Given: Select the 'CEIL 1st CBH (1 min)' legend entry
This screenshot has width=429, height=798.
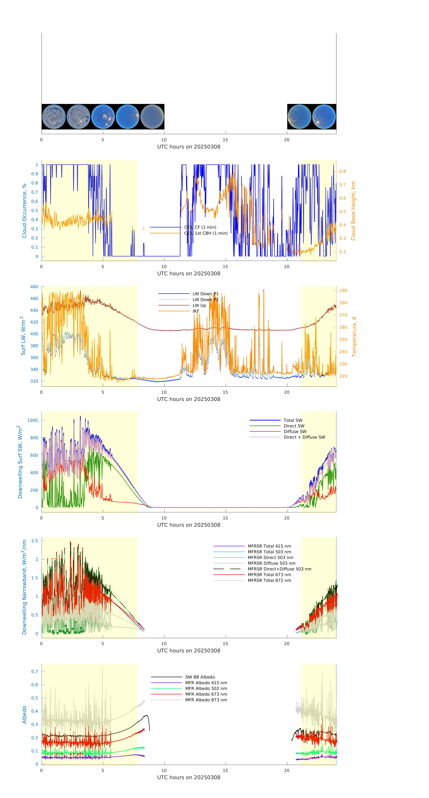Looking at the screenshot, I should [206, 233].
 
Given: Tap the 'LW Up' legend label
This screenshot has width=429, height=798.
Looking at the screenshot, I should [199, 305].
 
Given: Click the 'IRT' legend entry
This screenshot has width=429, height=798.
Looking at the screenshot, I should [196, 311].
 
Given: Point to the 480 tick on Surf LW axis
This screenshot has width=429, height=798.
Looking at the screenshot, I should [34, 287].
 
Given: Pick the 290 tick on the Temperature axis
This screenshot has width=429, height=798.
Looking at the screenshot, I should [343, 291].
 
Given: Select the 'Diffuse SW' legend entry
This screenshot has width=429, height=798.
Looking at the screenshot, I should [295, 432].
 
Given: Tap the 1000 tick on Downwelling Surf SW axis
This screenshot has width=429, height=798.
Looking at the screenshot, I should [33, 420].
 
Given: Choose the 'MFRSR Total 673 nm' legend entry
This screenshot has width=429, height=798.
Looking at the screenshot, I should [269, 575].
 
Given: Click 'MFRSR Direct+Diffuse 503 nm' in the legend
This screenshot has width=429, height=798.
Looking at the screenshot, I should [279, 569].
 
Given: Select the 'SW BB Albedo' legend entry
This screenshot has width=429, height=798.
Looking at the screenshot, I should [200, 677].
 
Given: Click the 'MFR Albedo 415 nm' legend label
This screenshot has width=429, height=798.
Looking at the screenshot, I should [206, 683].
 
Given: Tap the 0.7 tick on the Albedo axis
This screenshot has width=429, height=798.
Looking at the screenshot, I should [35, 672].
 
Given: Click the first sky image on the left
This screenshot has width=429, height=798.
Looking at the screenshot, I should [54, 117].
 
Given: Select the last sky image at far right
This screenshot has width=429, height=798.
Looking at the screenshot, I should [324, 117].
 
